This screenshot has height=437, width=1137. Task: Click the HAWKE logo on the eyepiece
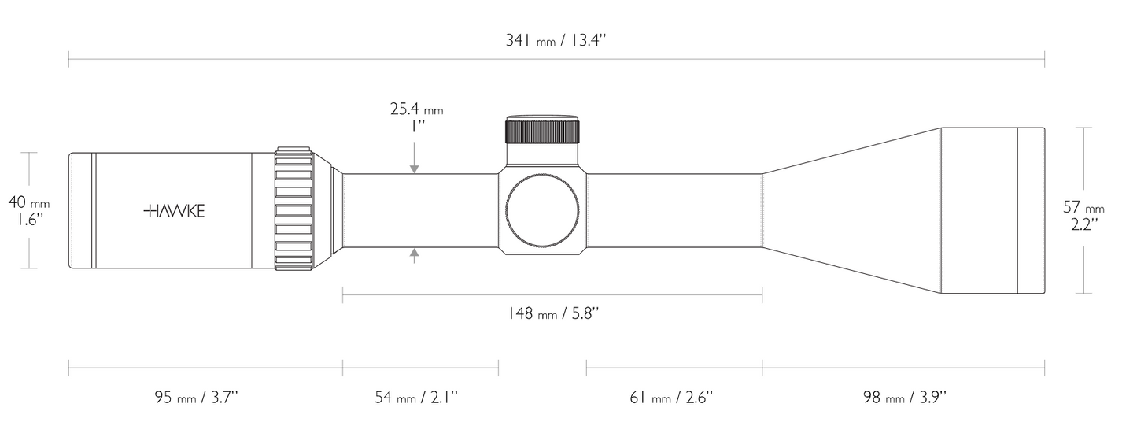pyautogui.click(x=174, y=211)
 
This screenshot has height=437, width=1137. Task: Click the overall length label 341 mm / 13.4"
pyautogui.click(x=556, y=40)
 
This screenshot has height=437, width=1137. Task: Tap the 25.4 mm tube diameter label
pyautogui.click(x=417, y=109)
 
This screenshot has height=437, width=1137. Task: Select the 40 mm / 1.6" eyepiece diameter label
pyautogui.click(x=29, y=211)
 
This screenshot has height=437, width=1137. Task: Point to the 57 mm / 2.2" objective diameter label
pyautogui.click(x=1083, y=216)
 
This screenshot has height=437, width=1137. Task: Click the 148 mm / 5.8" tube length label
pyautogui.click(x=553, y=313)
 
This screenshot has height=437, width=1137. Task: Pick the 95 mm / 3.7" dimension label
pyautogui.click(x=197, y=397)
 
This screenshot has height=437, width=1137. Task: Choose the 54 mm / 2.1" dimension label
pyautogui.click(x=416, y=397)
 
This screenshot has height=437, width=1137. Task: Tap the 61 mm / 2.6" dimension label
pyautogui.click(x=671, y=397)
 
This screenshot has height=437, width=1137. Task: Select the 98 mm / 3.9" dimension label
pyautogui.click(x=905, y=397)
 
